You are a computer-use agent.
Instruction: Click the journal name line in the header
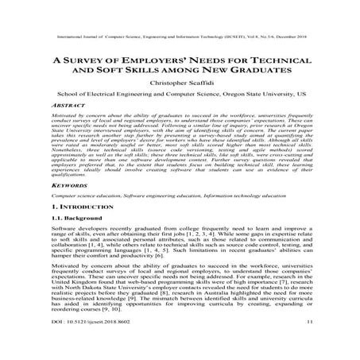[x=180, y=36]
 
